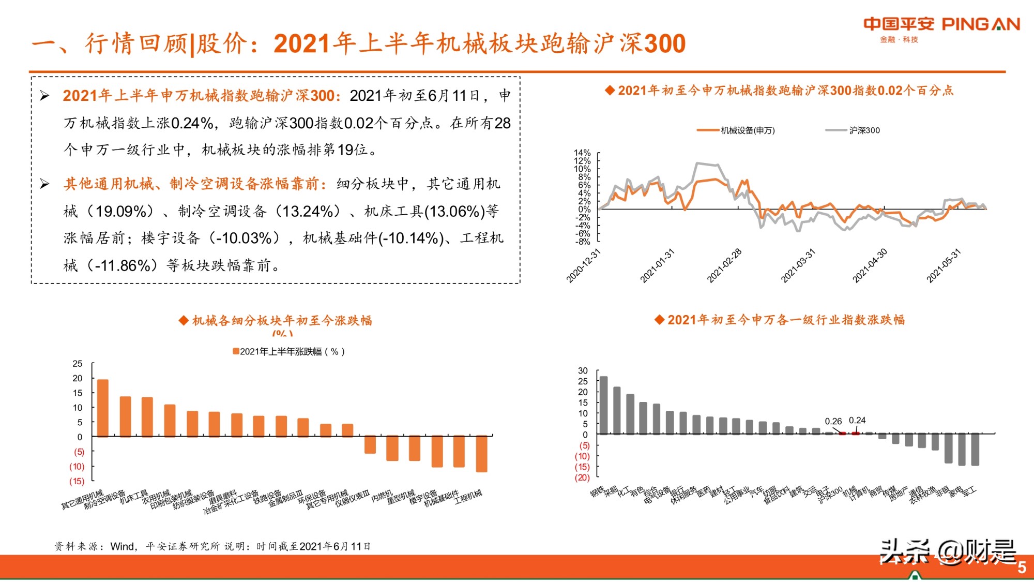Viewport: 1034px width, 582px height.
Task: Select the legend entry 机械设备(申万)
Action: (747, 130)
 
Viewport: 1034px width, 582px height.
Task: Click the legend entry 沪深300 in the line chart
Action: (864, 130)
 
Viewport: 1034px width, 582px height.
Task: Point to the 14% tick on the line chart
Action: (582, 153)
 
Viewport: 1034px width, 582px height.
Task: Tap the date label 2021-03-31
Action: (798, 265)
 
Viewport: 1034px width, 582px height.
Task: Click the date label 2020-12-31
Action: (584, 265)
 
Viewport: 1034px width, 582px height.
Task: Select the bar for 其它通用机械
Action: (103, 408)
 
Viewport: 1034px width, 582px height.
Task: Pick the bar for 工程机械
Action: (481, 454)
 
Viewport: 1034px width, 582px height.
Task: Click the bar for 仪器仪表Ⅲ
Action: (347, 430)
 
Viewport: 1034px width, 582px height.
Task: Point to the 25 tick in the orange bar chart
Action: (77, 364)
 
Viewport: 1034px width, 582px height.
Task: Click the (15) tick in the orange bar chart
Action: (77, 481)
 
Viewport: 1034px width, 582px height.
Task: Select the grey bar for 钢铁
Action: (603, 405)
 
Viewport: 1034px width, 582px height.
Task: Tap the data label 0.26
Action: (833, 422)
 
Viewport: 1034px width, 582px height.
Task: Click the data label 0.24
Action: (857, 421)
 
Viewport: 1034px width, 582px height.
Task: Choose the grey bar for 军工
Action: (975, 449)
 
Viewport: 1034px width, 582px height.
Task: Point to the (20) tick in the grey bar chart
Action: (582, 477)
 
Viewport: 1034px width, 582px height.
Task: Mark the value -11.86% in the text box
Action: (123, 266)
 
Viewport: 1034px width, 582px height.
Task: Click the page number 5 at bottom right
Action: (1022, 568)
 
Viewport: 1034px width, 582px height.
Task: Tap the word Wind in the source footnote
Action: (123, 546)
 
